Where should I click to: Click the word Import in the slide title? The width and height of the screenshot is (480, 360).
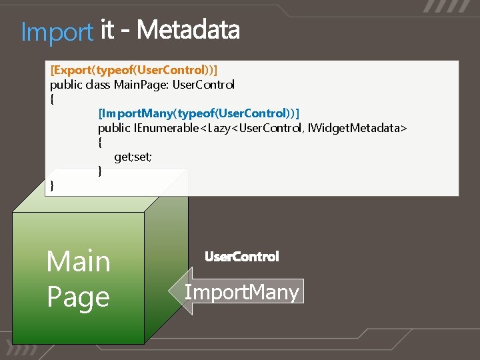pyautogui.click(x=57, y=31)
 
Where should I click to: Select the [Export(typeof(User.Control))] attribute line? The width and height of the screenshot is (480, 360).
pyautogui.click(x=134, y=69)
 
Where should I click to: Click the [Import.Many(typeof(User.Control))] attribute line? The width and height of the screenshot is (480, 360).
pyautogui.click(x=199, y=113)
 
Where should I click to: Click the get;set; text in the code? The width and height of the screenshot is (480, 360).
pyautogui.click(x=133, y=157)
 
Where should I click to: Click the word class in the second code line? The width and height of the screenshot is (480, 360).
pyautogui.click(x=99, y=84)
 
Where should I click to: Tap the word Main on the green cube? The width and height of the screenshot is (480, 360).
pyautogui.click(x=78, y=261)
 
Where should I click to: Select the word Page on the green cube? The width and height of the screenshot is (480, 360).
pyautogui.click(x=78, y=297)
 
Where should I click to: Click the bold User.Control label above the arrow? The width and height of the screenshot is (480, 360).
pyautogui.click(x=242, y=257)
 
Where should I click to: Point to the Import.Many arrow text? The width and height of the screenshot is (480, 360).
pyautogui.click(x=241, y=292)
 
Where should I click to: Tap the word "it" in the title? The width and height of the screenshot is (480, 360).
pyautogui.click(x=107, y=31)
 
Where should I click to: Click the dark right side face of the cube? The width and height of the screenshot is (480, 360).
pyautogui.click(x=166, y=267)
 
